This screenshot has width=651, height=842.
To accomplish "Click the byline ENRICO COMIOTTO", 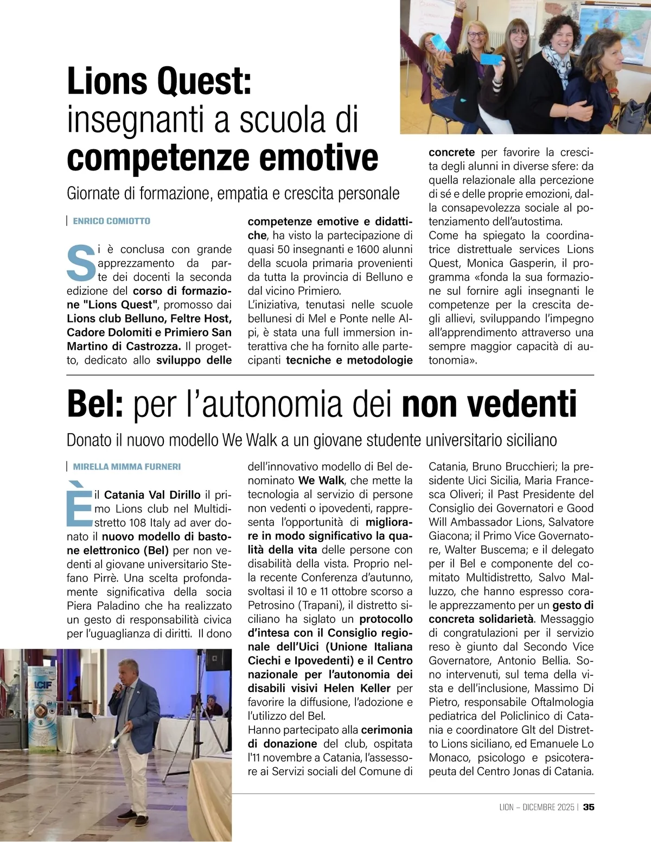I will (x=111, y=221).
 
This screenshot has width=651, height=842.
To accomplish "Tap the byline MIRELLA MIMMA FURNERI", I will (x=126, y=466).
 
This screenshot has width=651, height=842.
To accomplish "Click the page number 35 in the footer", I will (x=589, y=807).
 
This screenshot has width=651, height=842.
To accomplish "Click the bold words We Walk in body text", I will (x=321, y=480).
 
